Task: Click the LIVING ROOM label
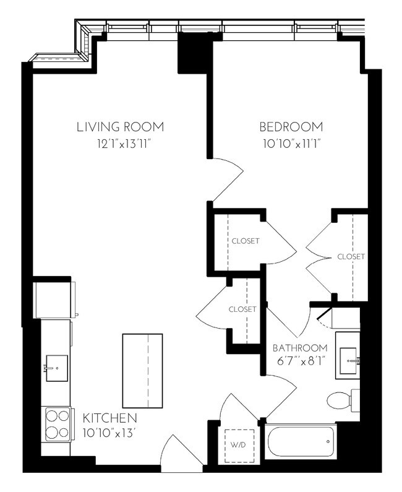(x=120, y=127)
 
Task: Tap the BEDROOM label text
(x=291, y=127)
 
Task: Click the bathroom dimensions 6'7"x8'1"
(x=299, y=359)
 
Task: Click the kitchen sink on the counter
(x=56, y=369)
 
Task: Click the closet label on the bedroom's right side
(x=351, y=256)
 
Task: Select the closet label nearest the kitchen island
(x=242, y=309)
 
